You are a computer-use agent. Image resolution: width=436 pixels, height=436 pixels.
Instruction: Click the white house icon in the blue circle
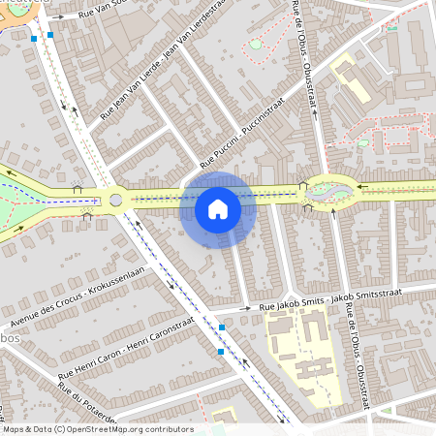click(218, 208)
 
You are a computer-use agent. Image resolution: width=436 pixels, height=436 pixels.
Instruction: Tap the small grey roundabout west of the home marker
click(116, 201)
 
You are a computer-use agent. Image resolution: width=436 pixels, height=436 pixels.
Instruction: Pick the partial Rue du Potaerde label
click(87, 402)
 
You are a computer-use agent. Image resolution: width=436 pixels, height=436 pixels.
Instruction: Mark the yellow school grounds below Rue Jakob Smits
click(305, 358)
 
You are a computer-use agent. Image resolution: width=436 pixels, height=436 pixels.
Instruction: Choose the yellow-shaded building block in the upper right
click(351, 78)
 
